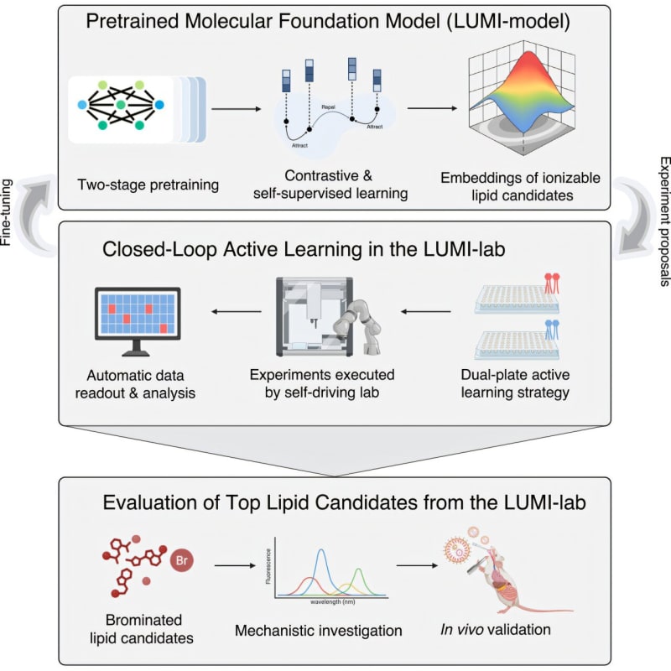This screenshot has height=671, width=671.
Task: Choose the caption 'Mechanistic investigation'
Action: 319,630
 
